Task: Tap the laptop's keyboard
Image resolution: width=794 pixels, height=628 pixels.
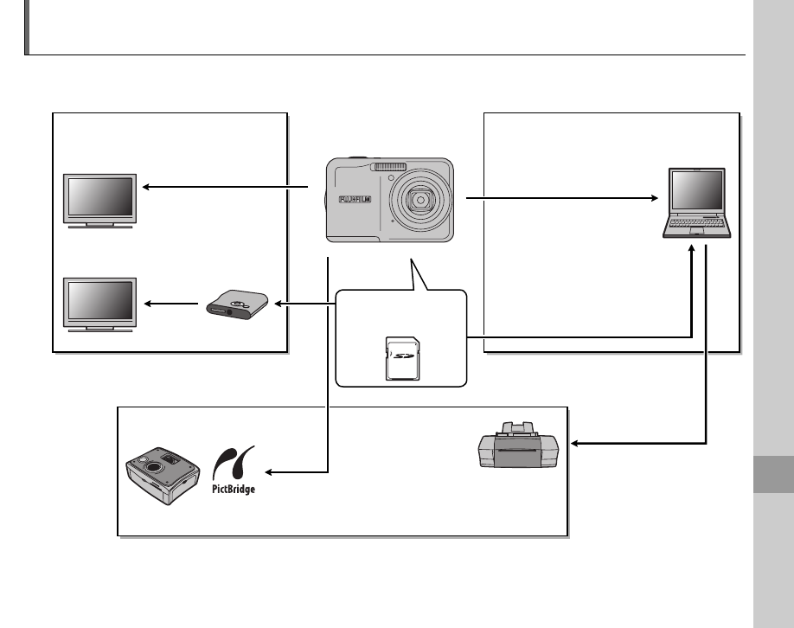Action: (x=698, y=227)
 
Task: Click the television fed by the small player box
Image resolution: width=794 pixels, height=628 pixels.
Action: (x=99, y=302)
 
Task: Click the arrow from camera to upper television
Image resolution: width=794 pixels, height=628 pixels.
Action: (x=225, y=186)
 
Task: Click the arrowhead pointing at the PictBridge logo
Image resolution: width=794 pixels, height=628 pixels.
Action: (x=268, y=472)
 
